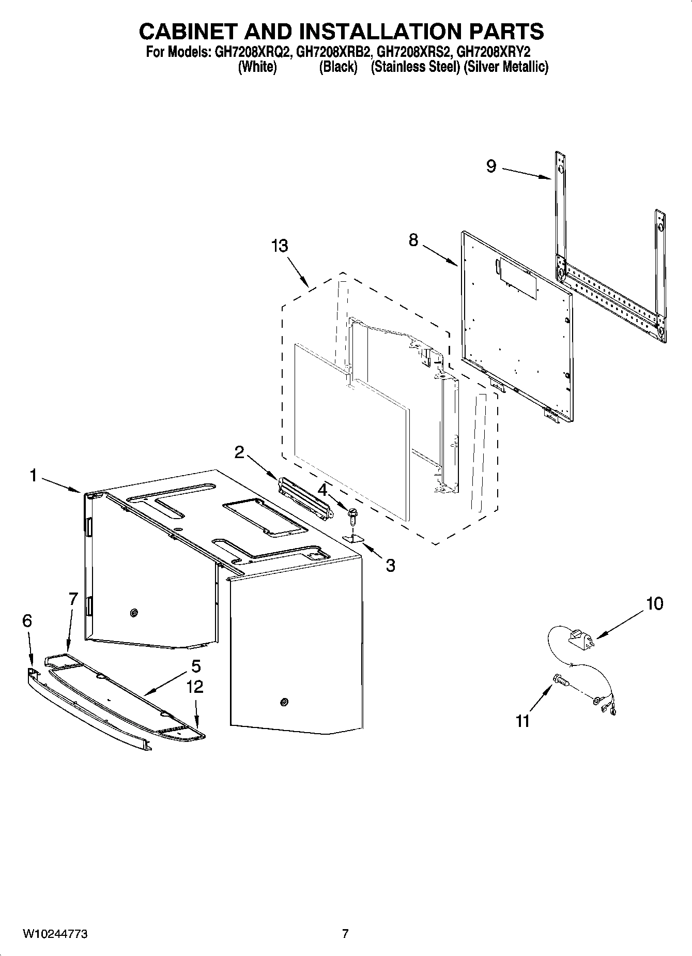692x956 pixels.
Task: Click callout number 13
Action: (x=280, y=246)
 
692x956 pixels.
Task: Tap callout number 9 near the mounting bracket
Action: (x=491, y=166)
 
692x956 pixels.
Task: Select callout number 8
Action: (x=413, y=240)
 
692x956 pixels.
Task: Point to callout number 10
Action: (x=654, y=603)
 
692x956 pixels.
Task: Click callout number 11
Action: (x=522, y=720)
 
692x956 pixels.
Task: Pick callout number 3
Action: (x=390, y=565)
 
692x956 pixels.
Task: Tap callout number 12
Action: (x=195, y=687)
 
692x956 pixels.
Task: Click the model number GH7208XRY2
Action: (x=494, y=52)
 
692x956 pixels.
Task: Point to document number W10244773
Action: (x=55, y=934)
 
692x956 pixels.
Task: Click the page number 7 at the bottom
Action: (x=345, y=934)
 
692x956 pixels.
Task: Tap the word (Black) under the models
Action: (x=338, y=67)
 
